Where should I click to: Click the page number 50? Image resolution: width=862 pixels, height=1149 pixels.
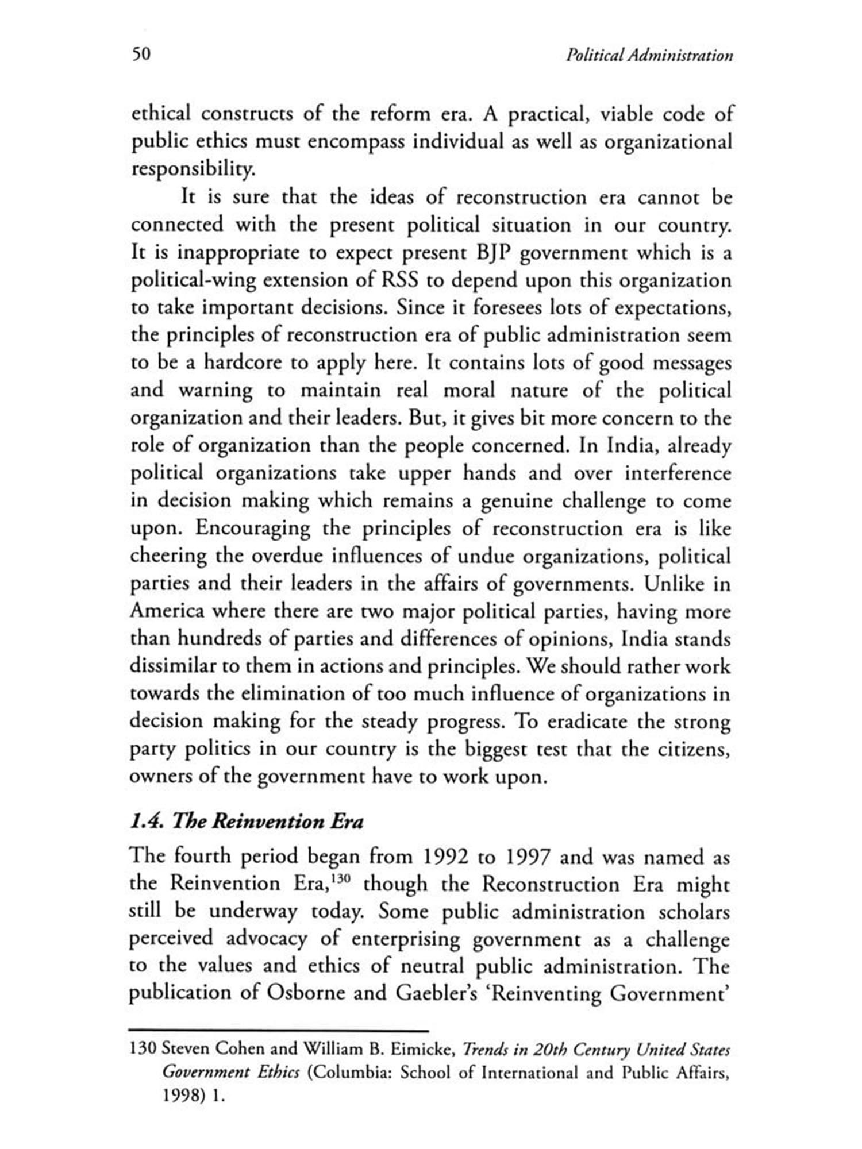coord(141,54)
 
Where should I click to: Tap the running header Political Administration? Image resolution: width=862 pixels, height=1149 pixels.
coord(649,56)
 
